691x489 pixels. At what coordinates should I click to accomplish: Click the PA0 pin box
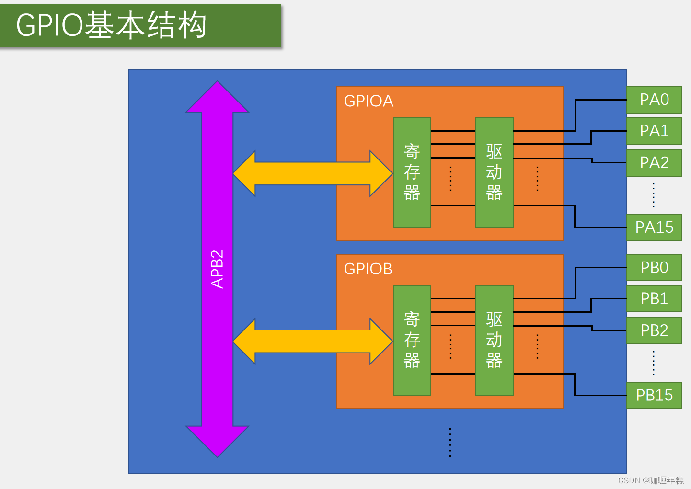(x=654, y=100)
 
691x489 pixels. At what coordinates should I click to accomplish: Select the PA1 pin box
(x=654, y=131)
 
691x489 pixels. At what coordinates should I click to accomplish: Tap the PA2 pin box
(x=654, y=163)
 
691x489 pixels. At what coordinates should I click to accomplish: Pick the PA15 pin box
(x=654, y=227)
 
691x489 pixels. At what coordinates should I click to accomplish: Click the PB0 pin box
(x=654, y=267)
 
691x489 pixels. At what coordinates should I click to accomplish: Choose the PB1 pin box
(x=654, y=298)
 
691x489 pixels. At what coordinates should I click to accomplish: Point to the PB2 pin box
(x=654, y=330)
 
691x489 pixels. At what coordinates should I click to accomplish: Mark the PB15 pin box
(x=654, y=395)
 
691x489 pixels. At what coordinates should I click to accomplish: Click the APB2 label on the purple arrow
(x=217, y=269)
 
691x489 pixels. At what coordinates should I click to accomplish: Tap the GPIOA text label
(x=369, y=101)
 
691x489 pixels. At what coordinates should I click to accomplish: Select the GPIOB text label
(x=368, y=269)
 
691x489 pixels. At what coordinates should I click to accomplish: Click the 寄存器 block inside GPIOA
(x=412, y=172)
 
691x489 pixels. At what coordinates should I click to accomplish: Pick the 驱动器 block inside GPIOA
(x=494, y=172)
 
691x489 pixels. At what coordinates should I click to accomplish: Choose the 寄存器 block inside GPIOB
(x=412, y=340)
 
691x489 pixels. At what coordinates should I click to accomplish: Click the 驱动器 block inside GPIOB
(x=494, y=340)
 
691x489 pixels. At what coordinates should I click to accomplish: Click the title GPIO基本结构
(x=111, y=25)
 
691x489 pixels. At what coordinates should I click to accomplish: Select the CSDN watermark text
(x=651, y=480)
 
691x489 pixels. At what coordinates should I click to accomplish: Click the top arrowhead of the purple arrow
(x=217, y=98)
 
